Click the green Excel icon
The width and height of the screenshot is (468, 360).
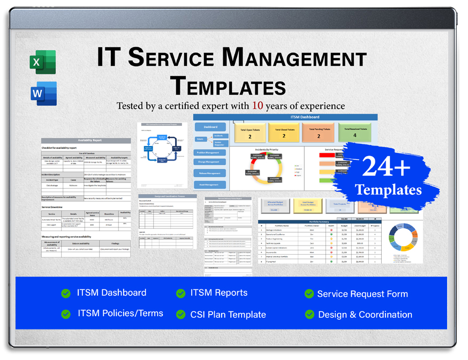pos(43,62)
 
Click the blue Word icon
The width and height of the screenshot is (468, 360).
pos(43,94)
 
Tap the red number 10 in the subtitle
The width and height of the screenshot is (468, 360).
pos(258,106)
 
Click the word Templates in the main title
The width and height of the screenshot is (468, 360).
pos(228,86)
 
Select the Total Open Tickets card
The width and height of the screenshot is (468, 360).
pos(250,133)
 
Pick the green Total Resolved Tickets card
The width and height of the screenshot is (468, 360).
pos(356,132)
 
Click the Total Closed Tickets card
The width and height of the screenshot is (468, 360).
pos(284,133)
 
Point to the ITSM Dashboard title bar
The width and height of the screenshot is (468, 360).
pos(285,117)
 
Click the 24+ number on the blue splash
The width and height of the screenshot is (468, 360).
pos(386,167)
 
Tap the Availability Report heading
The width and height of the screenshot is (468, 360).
pos(86,140)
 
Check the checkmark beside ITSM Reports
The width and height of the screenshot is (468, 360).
pos(181,293)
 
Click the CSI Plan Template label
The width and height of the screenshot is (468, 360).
pos(228,315)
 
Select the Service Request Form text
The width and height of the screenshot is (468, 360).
pos(362,294)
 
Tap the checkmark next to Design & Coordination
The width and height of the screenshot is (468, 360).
pos(309,315)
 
